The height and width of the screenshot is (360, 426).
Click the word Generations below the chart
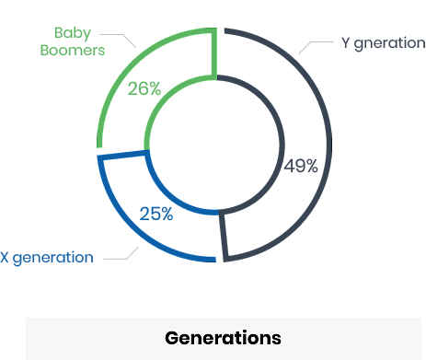223,337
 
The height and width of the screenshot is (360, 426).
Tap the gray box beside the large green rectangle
118,41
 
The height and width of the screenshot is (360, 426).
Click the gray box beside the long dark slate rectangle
316,47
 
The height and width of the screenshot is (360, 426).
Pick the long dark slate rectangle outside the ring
382,44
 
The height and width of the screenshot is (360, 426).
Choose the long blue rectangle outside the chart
46,259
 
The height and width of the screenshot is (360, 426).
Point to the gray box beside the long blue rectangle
121,252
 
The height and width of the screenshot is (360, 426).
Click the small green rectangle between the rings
144,88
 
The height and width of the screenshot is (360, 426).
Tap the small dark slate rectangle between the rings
300,166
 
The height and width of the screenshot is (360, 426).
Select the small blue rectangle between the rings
156,214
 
